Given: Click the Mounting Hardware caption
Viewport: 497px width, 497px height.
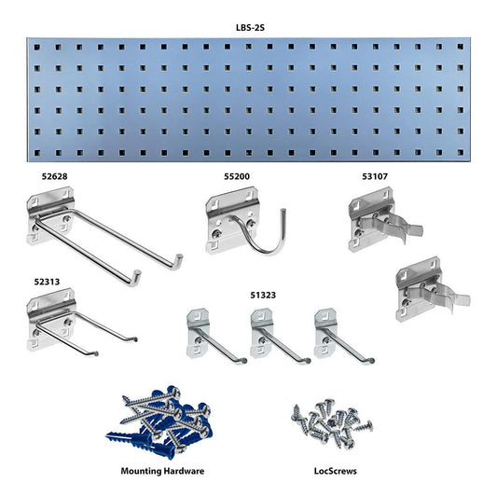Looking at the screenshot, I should [x=162, y=472].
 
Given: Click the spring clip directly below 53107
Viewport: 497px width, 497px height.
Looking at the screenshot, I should [x=379, y=220].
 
